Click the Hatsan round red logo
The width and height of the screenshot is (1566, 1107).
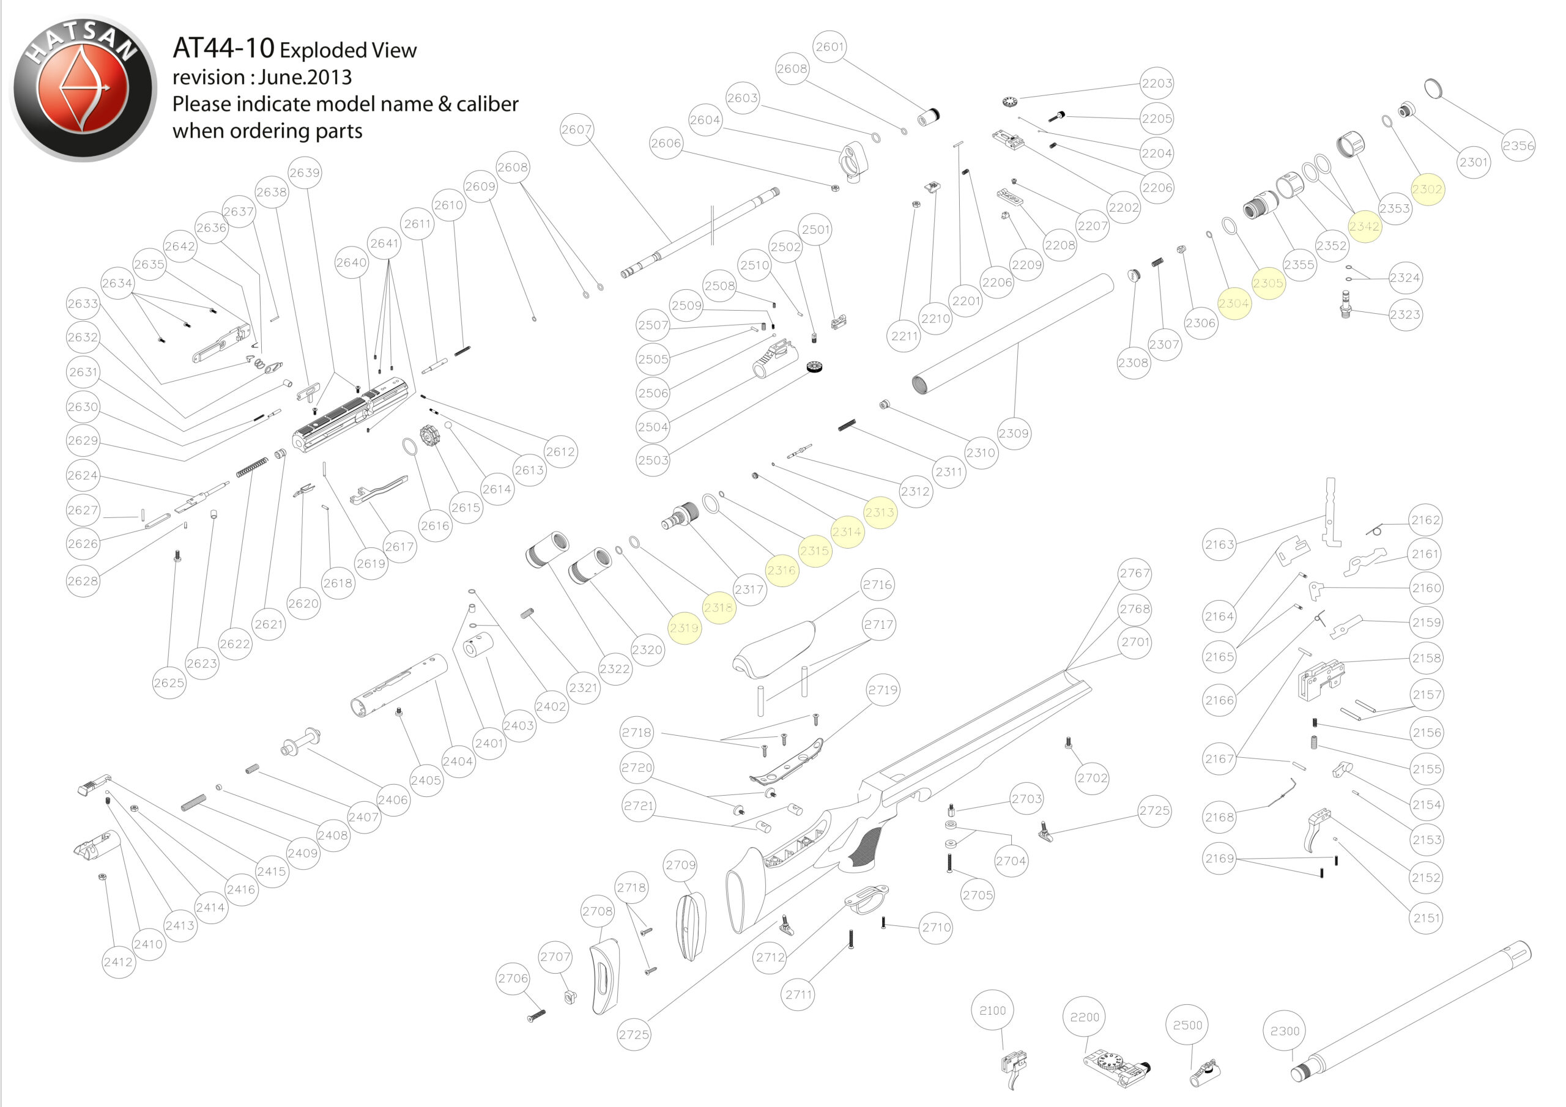(83, 88)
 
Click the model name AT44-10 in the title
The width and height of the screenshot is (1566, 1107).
(223, 48)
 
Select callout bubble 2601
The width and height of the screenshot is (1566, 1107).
(829, 46)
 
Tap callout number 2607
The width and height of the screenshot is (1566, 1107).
(576, 129)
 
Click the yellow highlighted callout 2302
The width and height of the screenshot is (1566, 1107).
(1427, 189)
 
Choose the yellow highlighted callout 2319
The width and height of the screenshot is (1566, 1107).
(683, 628)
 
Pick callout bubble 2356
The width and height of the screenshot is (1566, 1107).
(1518, 146)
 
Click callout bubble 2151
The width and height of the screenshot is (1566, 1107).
(1426, 917)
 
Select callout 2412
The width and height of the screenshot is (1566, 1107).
(118, 961)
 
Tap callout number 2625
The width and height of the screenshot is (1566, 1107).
(168, 683)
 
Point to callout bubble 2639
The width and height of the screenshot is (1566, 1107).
(304, 172)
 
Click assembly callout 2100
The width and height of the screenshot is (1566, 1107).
(992, 1010)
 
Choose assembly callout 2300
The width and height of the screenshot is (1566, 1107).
(1285, 1031)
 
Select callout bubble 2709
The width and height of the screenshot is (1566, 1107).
(681, 865)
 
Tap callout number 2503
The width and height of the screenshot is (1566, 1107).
(653, 460)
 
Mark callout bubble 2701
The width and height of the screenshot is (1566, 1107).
(1135, 642)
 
